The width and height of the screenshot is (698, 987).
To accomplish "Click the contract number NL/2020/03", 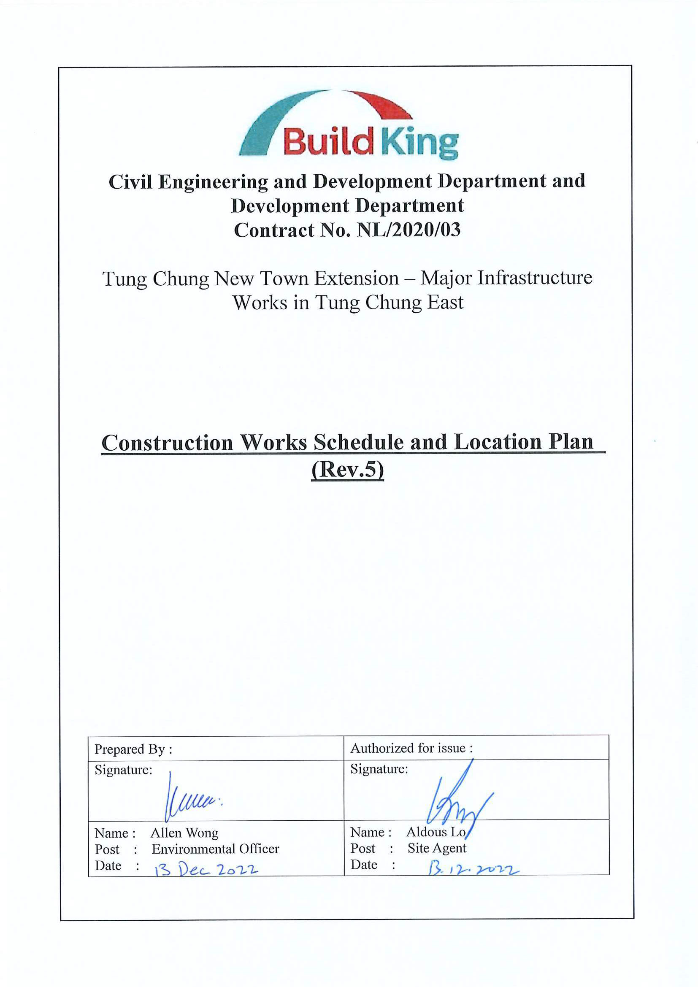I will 409,230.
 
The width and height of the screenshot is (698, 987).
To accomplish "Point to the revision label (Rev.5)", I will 347,469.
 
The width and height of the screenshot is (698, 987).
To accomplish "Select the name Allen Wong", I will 184,833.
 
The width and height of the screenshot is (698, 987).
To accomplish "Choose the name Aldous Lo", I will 436,832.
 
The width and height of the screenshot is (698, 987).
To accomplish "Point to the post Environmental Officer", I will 215,849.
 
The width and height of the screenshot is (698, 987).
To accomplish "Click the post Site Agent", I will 437,848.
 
